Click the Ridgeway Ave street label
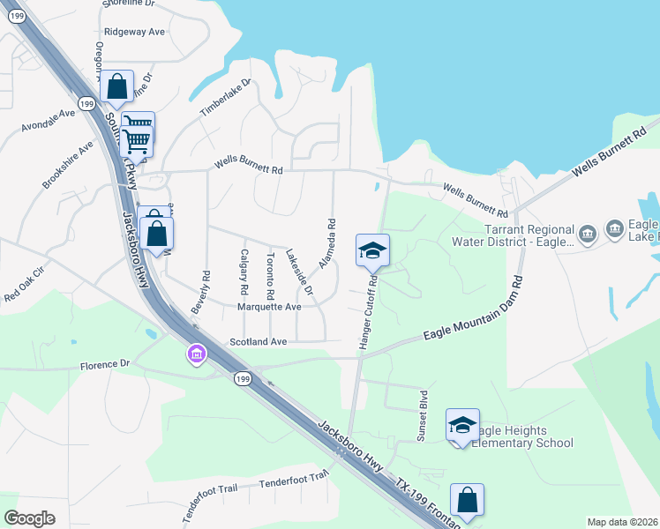pyautogui.click(x=134, y=32)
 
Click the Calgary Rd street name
pyautogui.click(x=244, y=272)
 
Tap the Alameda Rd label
pyautogui.click(x=327, y=245)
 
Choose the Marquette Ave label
pyautogui.click(x=269, y=307)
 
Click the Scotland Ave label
pyautogui.click(x=259, y=341)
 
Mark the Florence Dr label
pyautogui.click(x=105, y=364)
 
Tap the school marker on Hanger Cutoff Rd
pyautogui.click(x=372, y=250)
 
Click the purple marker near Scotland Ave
pyautogui.click(x=196, y=354)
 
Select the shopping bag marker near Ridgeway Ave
pyautogui.click(x=116, y=87)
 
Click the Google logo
pyautogui.click(x=29, y=518)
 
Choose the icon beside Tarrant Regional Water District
pyautogui.click(x=589, y=233)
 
